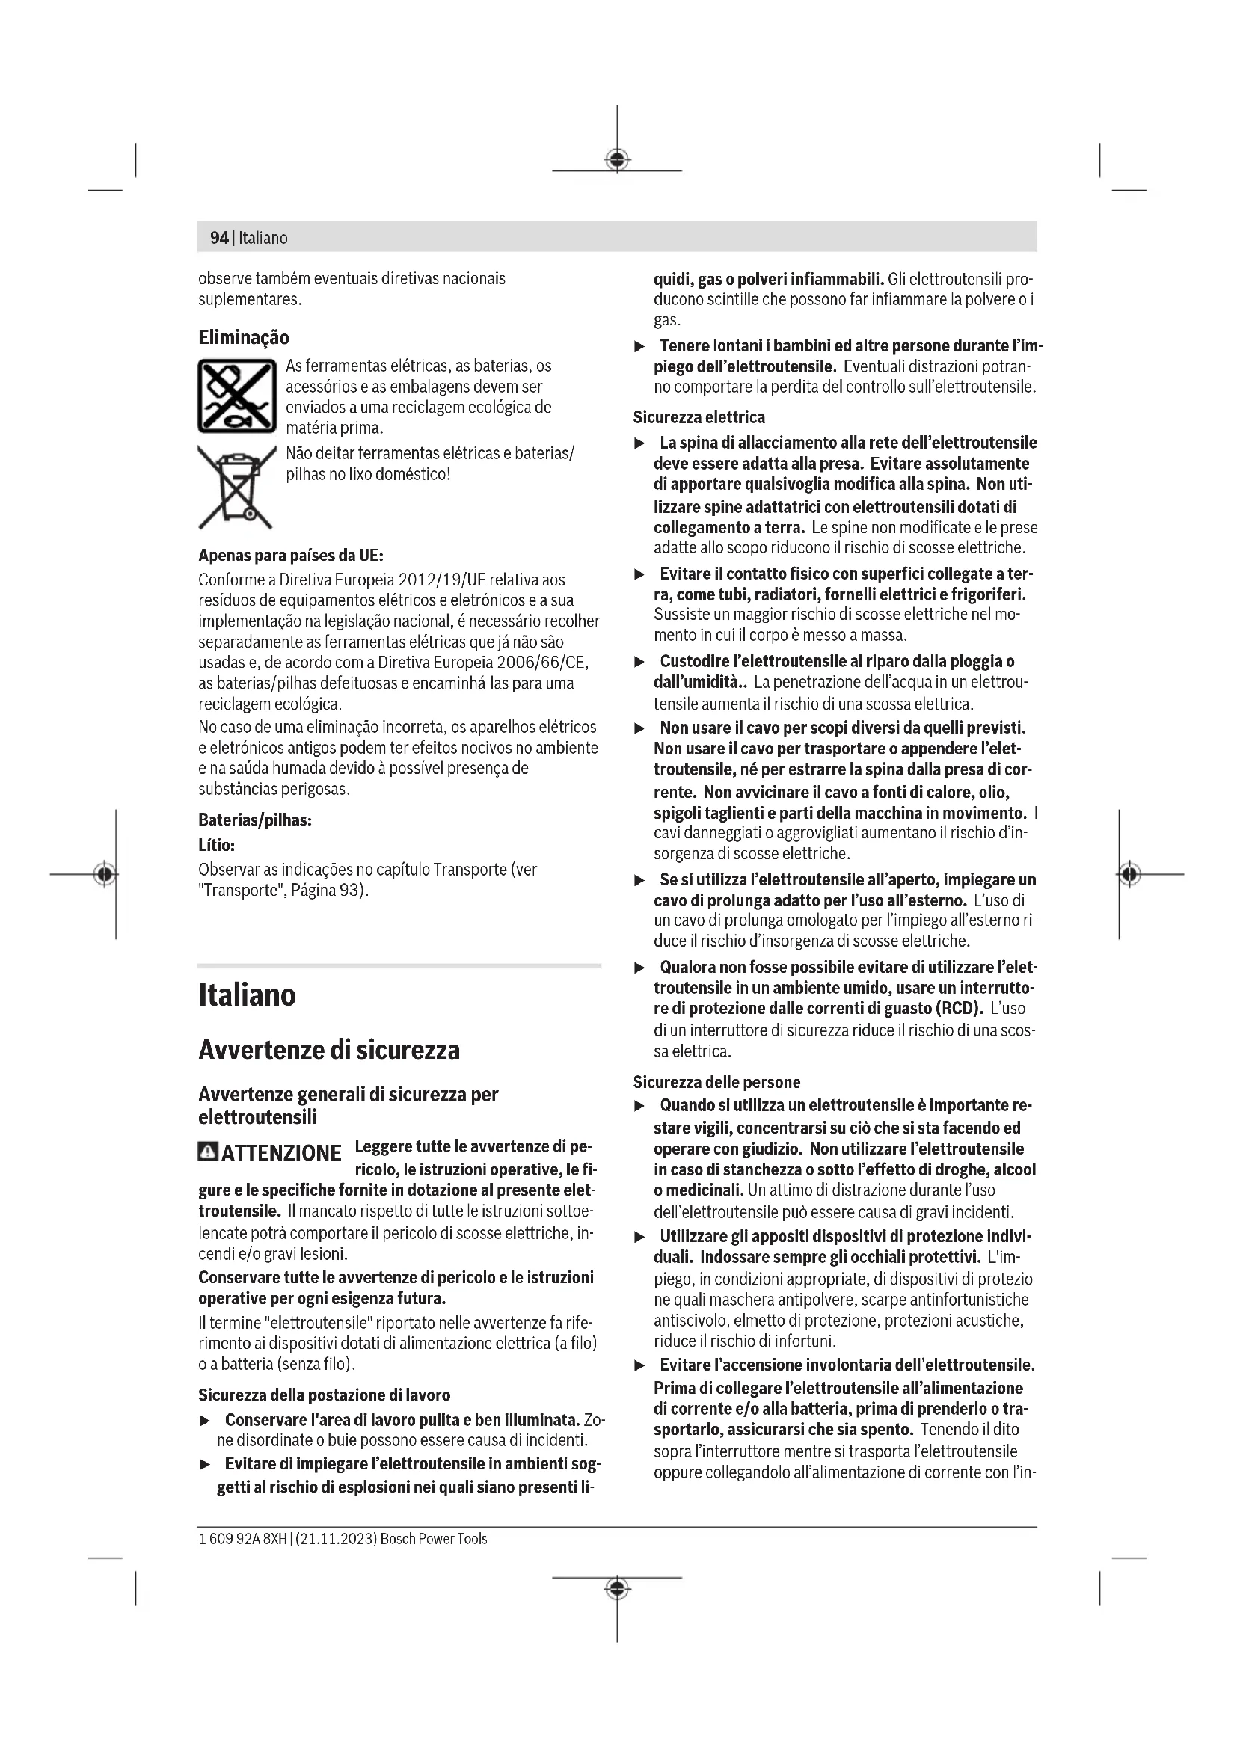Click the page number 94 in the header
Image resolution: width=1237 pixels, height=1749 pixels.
(x=218, y=238)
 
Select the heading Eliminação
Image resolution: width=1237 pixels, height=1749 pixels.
(x=244, y=337)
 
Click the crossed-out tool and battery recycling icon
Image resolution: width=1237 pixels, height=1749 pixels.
(x=237, y=396)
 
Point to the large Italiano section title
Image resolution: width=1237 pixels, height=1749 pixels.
(x=247, y=995)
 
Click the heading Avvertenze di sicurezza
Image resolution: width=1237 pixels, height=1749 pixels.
(x=329, y=1050)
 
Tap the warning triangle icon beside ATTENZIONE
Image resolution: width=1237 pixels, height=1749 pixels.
(x=207, y=1151)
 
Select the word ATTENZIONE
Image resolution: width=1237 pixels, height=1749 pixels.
(x=281, y=1152)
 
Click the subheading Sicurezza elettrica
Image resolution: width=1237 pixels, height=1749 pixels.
(x=699, y=417)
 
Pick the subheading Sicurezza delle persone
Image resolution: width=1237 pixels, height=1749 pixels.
(x=716, y=1082)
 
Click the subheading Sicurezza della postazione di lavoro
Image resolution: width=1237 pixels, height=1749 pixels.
(x=324, y=1395)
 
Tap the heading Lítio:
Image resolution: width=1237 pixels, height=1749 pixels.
(x=216, y=845)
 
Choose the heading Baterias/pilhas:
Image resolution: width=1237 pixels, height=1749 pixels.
(x=255, y=820)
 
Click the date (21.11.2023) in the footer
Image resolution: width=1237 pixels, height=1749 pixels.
(x=334, y=1538)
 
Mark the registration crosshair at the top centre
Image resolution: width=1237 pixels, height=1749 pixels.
(x=617, y=160)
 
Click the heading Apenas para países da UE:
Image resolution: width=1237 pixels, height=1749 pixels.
(x=291, y=555)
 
